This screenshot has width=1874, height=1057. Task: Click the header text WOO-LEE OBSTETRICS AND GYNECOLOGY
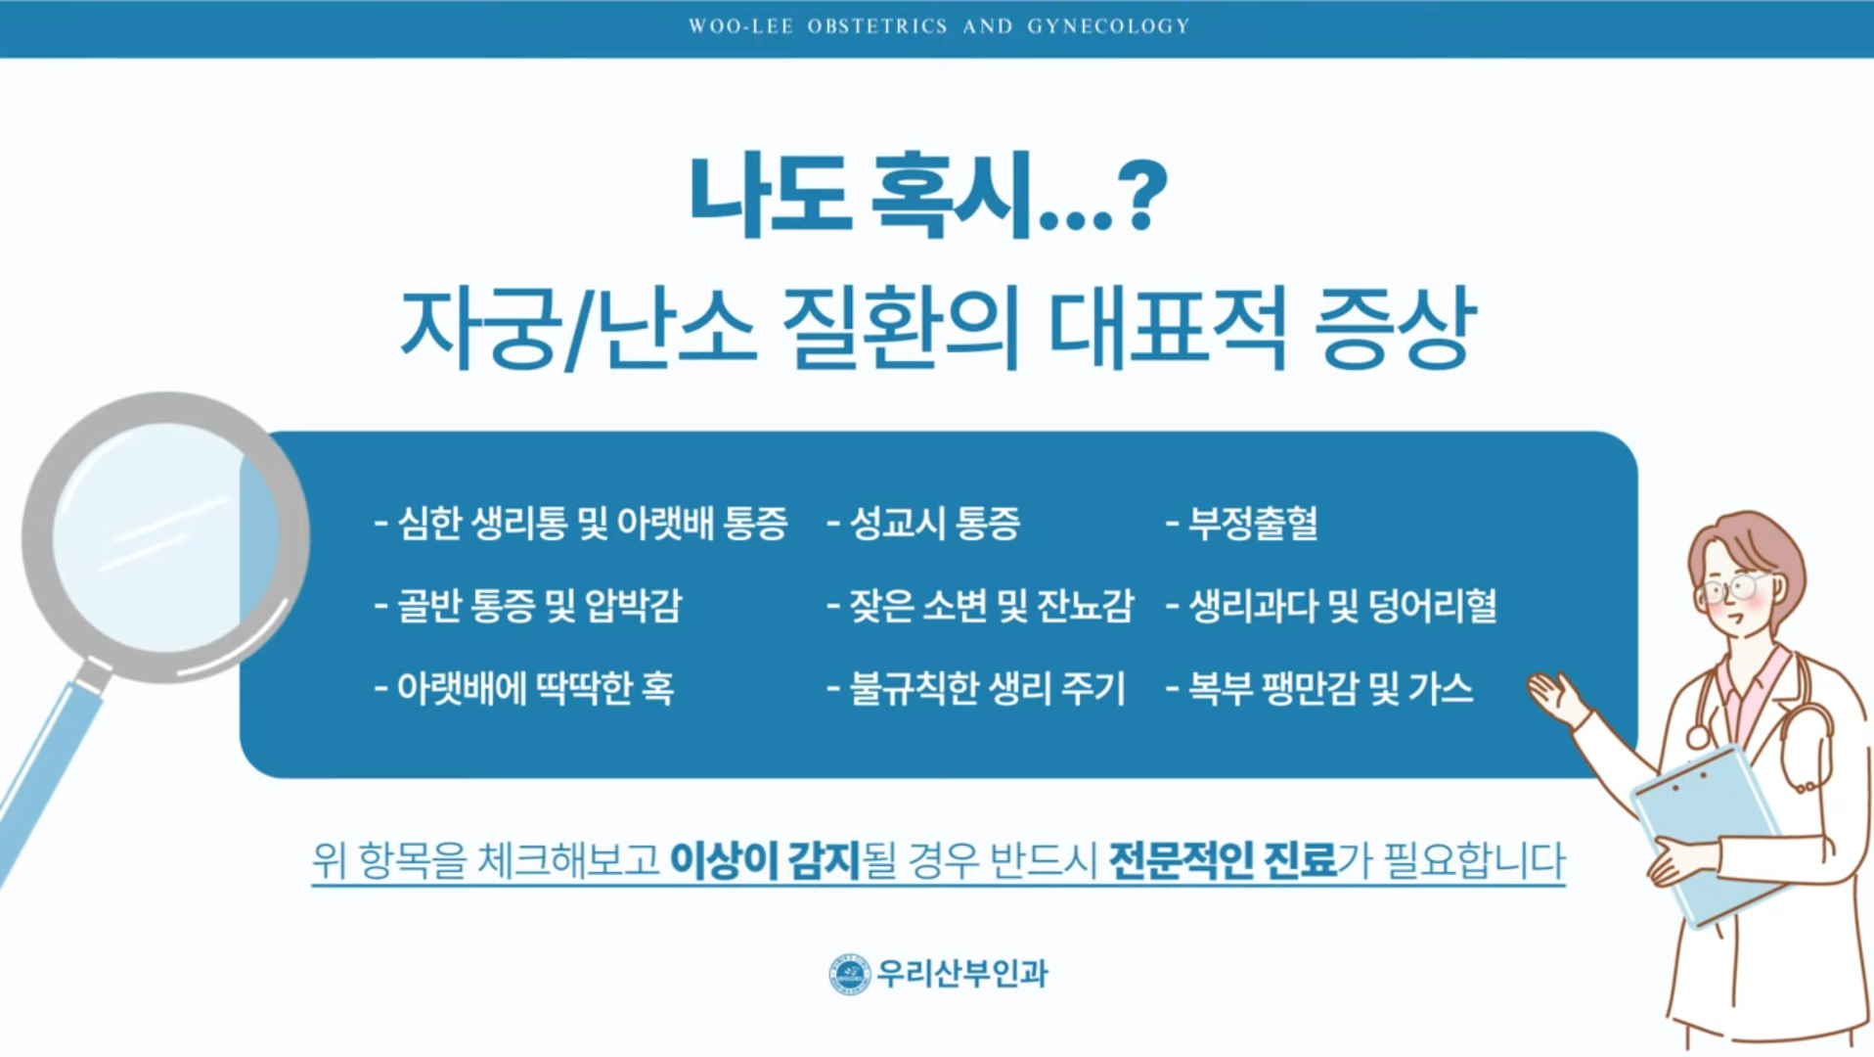click(939, 26)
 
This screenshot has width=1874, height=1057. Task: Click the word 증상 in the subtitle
click(1395, 328)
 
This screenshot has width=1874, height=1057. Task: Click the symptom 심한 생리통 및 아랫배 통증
click(581, 524)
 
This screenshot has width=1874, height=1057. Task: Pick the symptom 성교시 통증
click(923, 524)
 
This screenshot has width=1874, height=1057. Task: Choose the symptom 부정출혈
click(1241, 524)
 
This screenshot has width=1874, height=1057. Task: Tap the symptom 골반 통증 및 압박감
click(528, 606)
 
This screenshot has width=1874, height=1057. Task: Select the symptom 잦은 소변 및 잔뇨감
click(980, 606)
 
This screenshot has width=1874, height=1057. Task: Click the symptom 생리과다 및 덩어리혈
click(1331, 606)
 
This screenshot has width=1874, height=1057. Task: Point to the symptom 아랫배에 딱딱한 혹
click(524, 688)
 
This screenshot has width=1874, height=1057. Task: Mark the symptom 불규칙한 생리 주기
click(976, 688)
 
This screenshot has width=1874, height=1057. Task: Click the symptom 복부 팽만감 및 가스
click(1319, 688)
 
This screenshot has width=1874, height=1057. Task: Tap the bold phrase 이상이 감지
click(765, 860)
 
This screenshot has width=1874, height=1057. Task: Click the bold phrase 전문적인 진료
click(1223, 860)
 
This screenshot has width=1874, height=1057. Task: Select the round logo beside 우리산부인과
click(849, 974)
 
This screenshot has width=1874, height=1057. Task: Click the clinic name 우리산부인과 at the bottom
click(962, 974)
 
